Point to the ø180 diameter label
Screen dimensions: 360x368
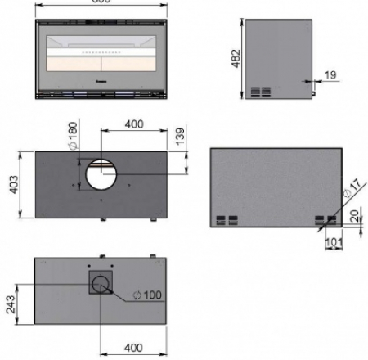click(74, 136)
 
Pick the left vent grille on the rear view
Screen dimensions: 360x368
click(228, 219)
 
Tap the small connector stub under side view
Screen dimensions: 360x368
click(312, 101)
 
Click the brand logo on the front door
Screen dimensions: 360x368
click(101, 81)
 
